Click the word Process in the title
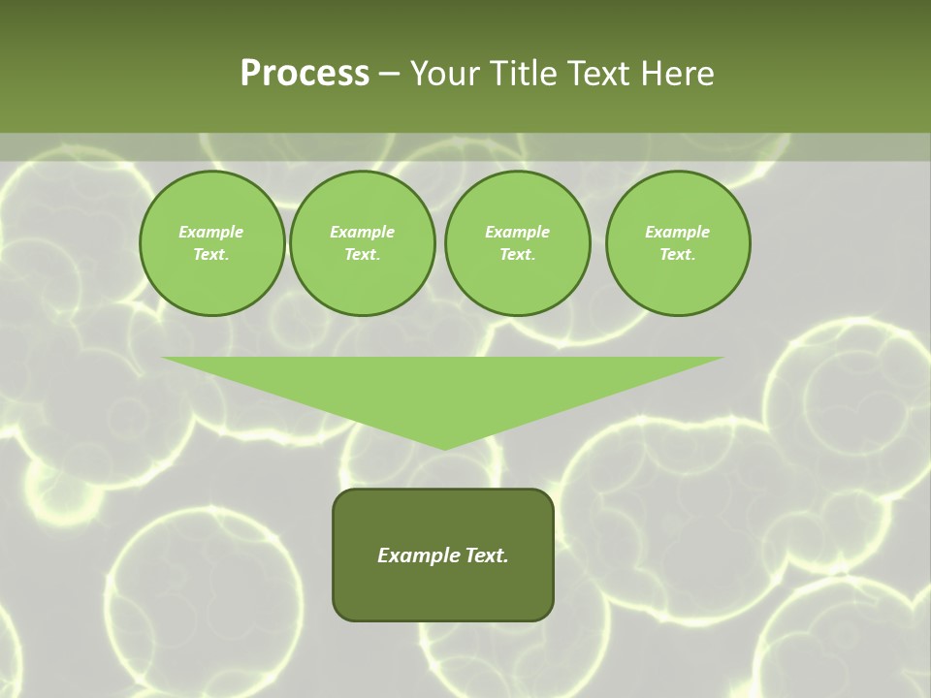305,74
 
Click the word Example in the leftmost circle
211,232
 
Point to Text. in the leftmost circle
211,254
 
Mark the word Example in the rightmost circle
678,232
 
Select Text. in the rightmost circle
678,254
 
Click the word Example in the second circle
362,232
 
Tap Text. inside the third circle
517,254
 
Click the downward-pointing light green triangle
443,388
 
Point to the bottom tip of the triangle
443,447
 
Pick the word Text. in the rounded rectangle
485,555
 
